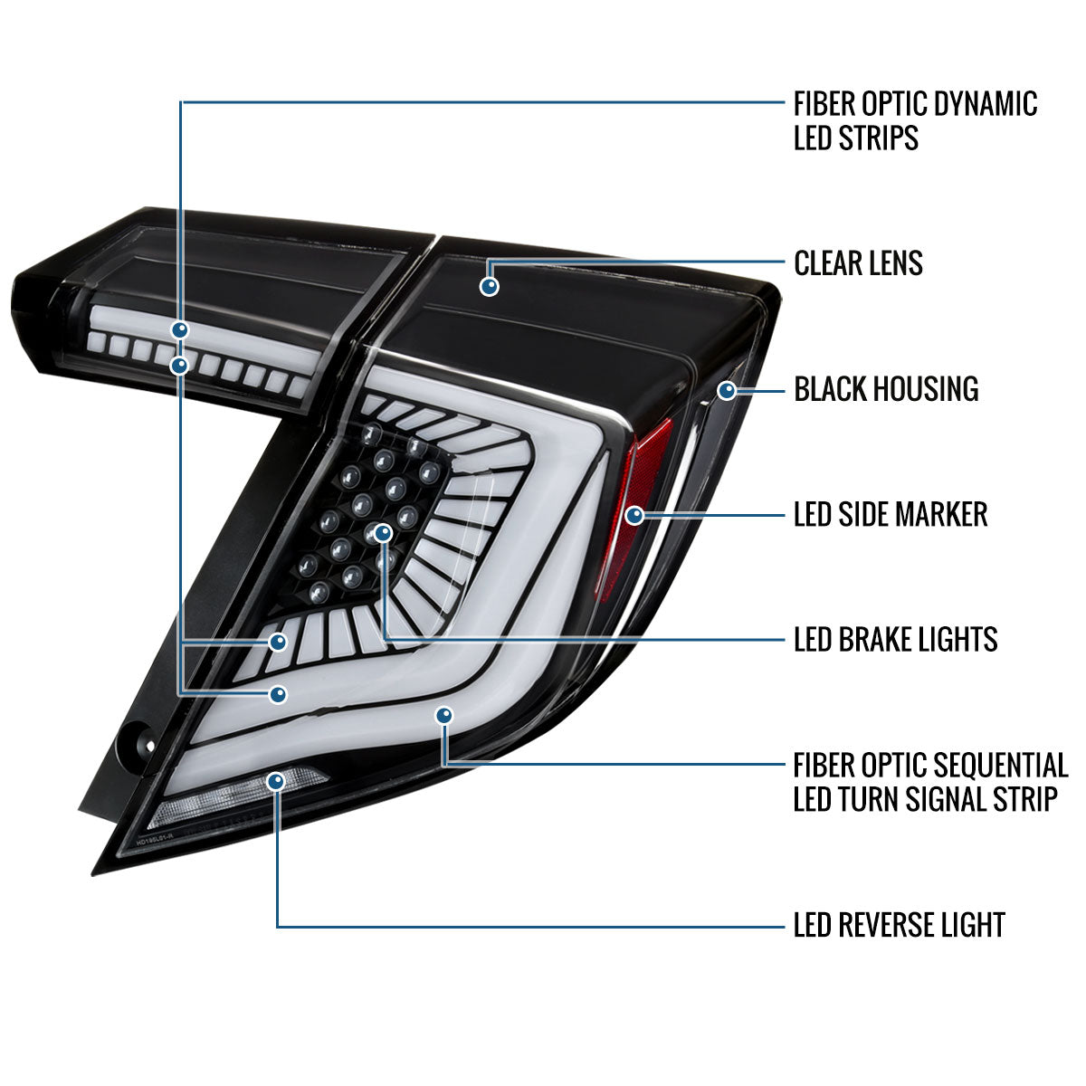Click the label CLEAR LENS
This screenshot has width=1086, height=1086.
tap(858, 263)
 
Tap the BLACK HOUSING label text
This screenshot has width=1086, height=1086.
tap(886, 389)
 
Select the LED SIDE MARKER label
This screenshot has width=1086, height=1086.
tap(890, 515)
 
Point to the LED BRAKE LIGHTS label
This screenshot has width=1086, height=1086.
tap(895, 640)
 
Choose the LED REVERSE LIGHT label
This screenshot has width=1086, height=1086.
tap(899, 925)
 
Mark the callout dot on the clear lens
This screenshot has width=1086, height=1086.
tap(490, 286)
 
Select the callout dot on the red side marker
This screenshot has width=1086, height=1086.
tap(634, 516)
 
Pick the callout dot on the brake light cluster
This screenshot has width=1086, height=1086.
tap(384, 534)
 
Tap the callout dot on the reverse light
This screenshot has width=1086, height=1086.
tap(277, 781)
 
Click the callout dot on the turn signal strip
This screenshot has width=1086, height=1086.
tap(443, 716)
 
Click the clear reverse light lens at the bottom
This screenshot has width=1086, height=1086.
tap(235, 796)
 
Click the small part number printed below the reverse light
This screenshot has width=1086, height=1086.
tap(166, 841)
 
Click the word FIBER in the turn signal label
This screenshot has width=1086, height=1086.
tap(824, 766)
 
